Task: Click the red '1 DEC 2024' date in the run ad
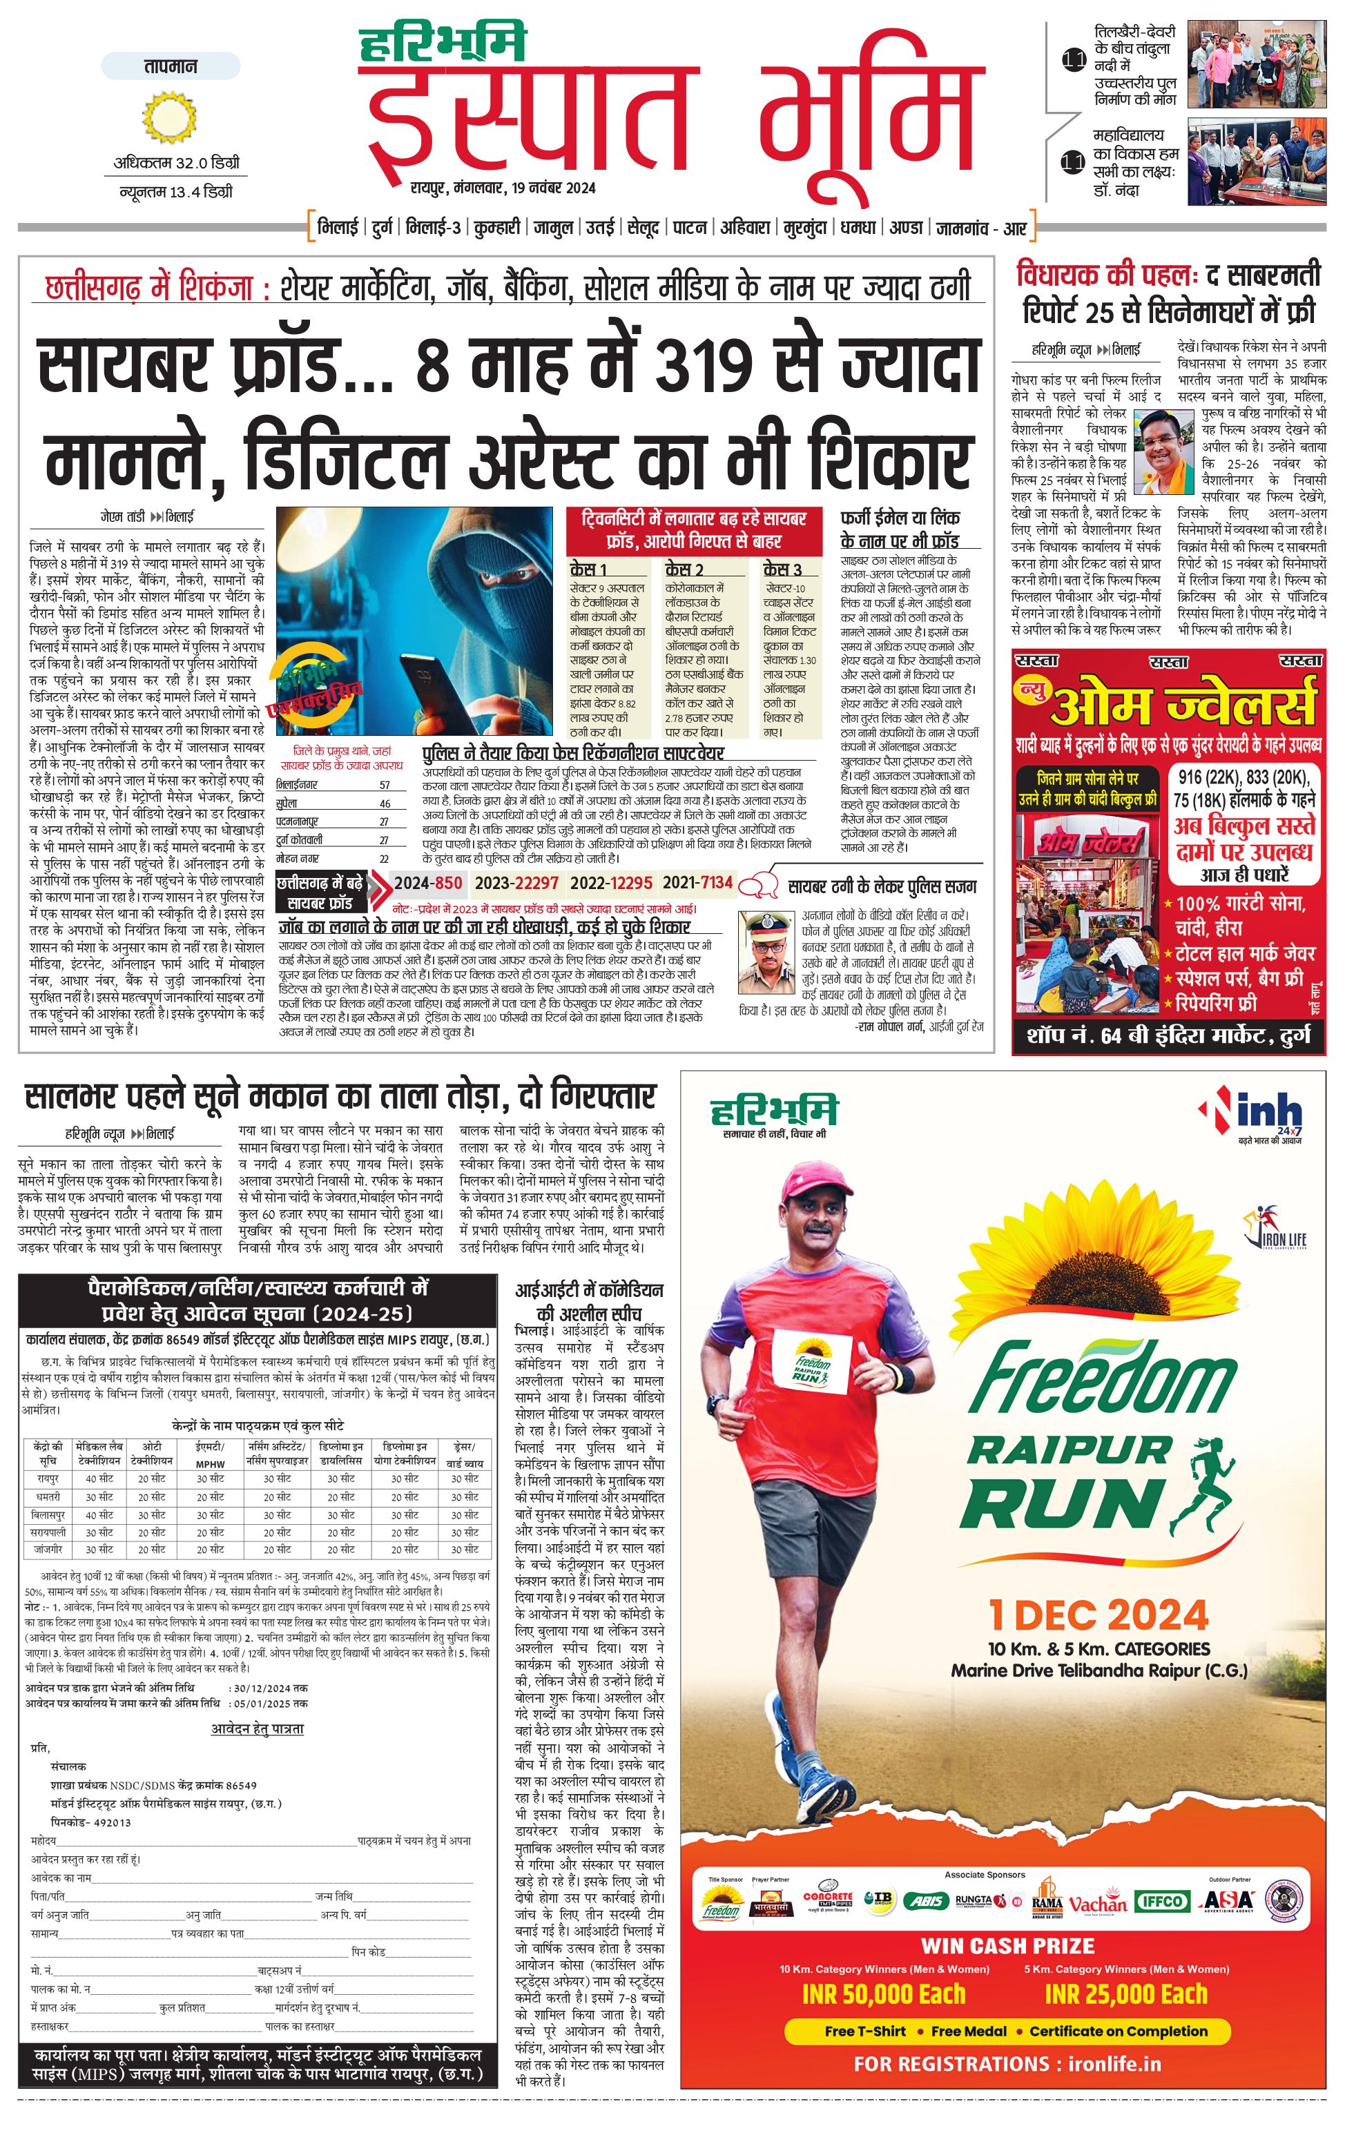(1099, 1615)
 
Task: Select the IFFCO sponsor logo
(1161, 1902)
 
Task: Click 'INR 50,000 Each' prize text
(883, 1994)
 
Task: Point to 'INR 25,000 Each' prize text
(1126, 1994)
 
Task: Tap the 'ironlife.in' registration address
(1114, 2063)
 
